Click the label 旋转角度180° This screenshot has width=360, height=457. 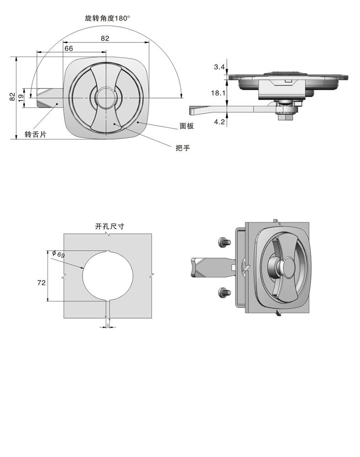click(107, 19)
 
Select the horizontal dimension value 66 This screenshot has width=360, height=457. click(68, 48)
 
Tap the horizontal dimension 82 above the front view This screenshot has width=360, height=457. click(105, 39)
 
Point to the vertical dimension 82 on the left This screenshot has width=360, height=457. click(12, 96)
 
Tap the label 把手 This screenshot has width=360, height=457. click(182, 148)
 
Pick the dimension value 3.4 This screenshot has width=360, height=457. click(219, 67)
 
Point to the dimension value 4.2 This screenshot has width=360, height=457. click(219, 122)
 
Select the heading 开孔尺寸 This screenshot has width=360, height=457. click(110, 226)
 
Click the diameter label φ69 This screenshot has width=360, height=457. click(58, 254)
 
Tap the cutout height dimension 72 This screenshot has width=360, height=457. click(41, 283)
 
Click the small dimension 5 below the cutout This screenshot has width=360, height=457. click(107, 325)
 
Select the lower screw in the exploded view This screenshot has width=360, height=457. click(223, 291)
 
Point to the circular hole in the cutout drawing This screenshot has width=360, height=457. click(107, 276)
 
